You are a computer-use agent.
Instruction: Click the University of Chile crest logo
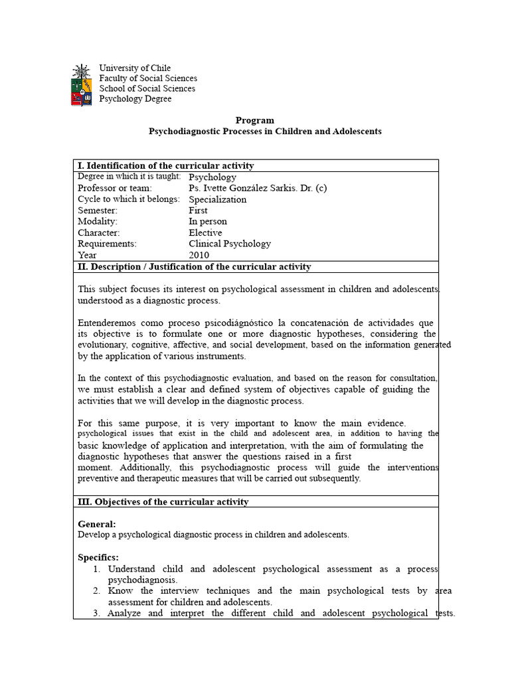pos(81,84)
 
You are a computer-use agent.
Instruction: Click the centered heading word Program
pos(255,120)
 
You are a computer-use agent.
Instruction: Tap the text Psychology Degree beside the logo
pos(135,99)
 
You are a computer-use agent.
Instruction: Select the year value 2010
pos(199,255)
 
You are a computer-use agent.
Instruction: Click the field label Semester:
pos(98,211)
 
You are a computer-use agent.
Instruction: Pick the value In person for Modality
pos(207,221)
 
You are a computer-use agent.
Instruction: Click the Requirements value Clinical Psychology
pos(230,244)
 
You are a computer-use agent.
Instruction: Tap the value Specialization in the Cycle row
pos(217,199)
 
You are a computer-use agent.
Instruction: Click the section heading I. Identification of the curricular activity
pos(165,165)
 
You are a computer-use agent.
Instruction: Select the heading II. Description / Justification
pos(194,267)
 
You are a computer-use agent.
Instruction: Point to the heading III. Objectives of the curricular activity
pos(163,501)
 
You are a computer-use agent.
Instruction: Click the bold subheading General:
pos(97,524)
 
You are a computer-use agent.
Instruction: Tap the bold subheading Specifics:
pos(98,557)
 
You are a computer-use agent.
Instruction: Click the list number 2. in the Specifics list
pos(97,591)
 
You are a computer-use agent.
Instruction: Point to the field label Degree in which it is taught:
pos(129,177)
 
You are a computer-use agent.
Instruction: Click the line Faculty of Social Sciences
pos(148,78)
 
